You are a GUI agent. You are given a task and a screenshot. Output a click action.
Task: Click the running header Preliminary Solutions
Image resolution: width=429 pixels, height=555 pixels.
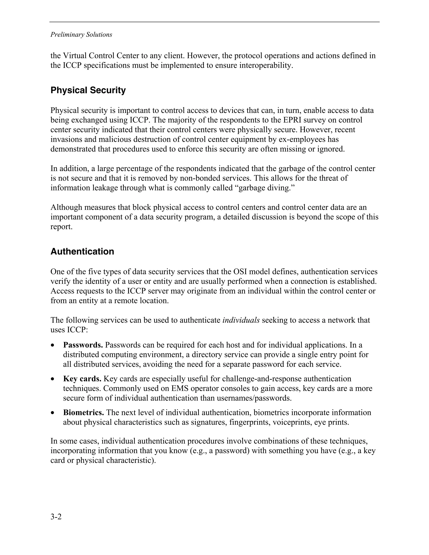[x=81, y=35]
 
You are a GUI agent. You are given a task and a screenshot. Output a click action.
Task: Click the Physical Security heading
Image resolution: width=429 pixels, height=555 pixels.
[x=88, y=90]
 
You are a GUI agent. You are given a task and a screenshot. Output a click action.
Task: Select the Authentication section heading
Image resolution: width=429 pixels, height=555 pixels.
[x=82, y=252]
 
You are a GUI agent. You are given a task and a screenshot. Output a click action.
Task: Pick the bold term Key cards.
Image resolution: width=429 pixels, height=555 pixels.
[x=82, y=379]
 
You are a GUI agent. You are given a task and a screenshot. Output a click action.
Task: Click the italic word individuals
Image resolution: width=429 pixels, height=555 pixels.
[x=241, y=320]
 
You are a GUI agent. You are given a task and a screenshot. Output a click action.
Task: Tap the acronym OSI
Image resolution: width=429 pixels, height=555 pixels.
[x=240, y=272]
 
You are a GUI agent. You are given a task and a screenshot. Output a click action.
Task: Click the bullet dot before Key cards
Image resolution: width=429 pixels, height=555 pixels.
[x=53, y=379]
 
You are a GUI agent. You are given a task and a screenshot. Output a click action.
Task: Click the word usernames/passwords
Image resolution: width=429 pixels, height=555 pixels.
[x=253, y=398]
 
